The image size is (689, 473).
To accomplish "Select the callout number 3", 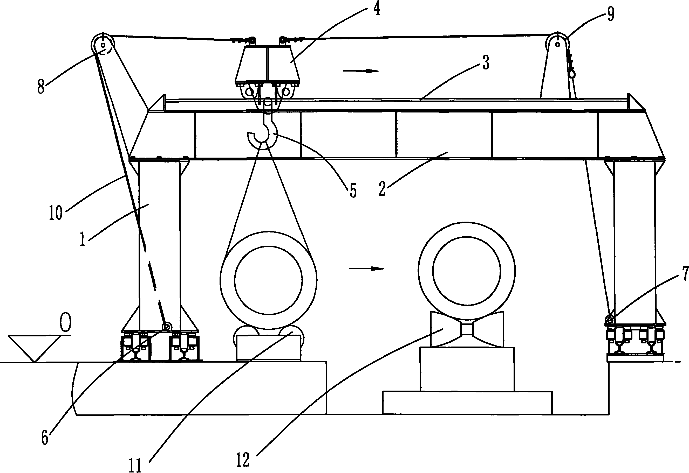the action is point(486,63).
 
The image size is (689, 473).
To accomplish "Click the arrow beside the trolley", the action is point(361,71).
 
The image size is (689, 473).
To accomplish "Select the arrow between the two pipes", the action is point(366,269).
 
